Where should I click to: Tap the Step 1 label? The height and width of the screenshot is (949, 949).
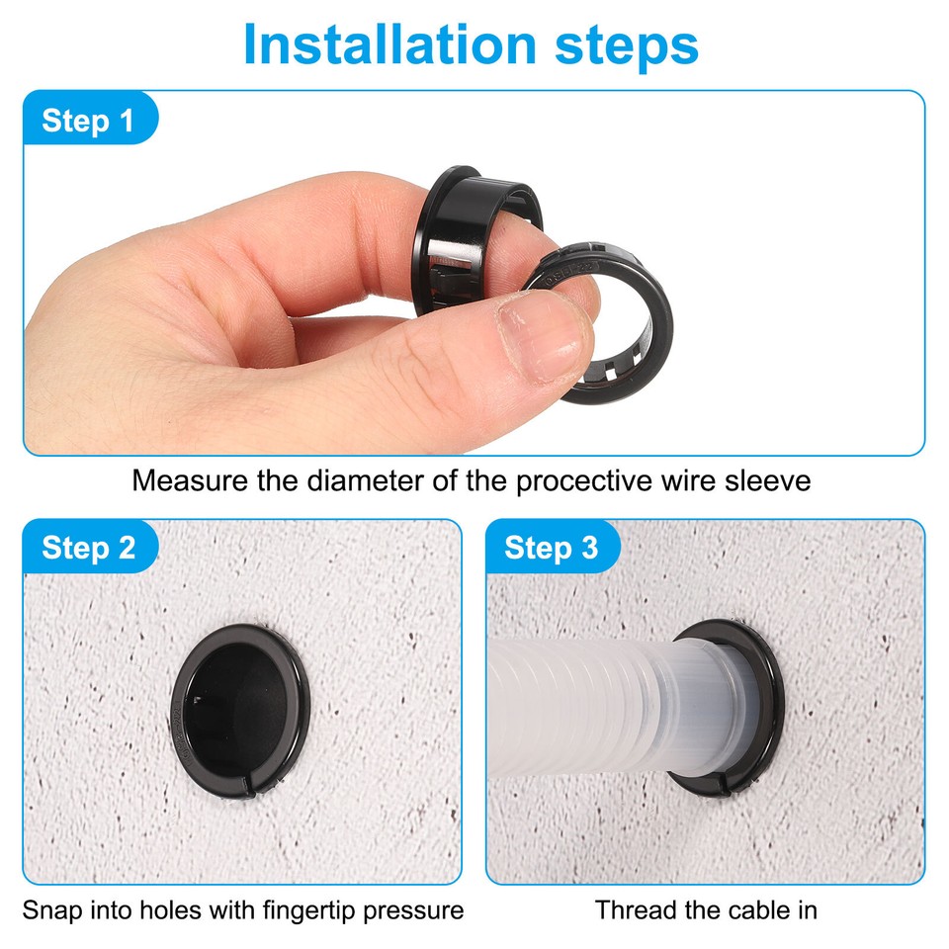click(x=88, y=121)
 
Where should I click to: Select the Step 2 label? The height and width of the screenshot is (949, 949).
click(x=89, y=548)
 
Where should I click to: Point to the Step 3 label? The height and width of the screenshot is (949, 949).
click(x=551, y=548)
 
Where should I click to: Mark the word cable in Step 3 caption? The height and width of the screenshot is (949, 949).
click(x=755, y=909)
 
